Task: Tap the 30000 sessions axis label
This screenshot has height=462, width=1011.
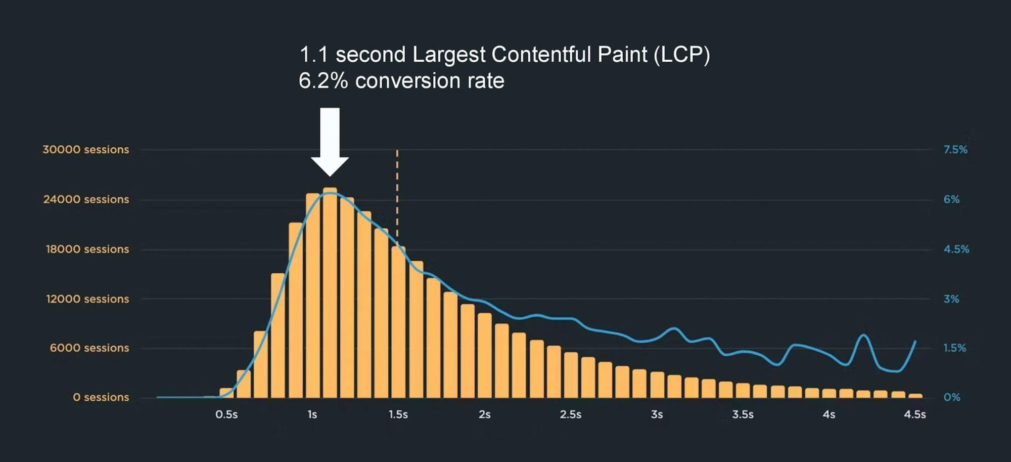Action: [85, 150]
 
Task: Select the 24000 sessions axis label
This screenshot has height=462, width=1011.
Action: [86, 199]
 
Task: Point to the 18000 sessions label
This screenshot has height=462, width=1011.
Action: [87, 249]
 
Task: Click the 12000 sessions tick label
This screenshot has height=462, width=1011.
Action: [87, 299]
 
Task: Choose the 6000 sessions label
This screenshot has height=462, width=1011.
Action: [89, 348]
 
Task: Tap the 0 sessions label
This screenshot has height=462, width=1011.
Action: [101, 397]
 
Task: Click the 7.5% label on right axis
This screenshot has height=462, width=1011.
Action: [955, 150]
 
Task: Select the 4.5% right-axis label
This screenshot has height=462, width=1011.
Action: [956, 249]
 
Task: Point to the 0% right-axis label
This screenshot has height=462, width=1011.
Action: [951, 397]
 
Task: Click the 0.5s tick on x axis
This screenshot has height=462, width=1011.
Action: [226, 414]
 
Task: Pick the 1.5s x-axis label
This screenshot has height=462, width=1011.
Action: [398, 414]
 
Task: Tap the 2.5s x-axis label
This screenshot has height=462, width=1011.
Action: [570, 414]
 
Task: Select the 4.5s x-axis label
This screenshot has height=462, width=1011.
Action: [914, 414]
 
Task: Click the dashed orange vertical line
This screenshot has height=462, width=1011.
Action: [397, 192]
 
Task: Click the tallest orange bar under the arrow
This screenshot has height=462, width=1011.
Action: [330, 293]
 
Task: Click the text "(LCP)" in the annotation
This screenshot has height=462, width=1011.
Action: [681, 55]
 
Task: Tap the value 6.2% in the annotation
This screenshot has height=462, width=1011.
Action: [323, 81]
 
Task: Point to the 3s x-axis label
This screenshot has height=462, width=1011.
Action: [657, 414]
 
